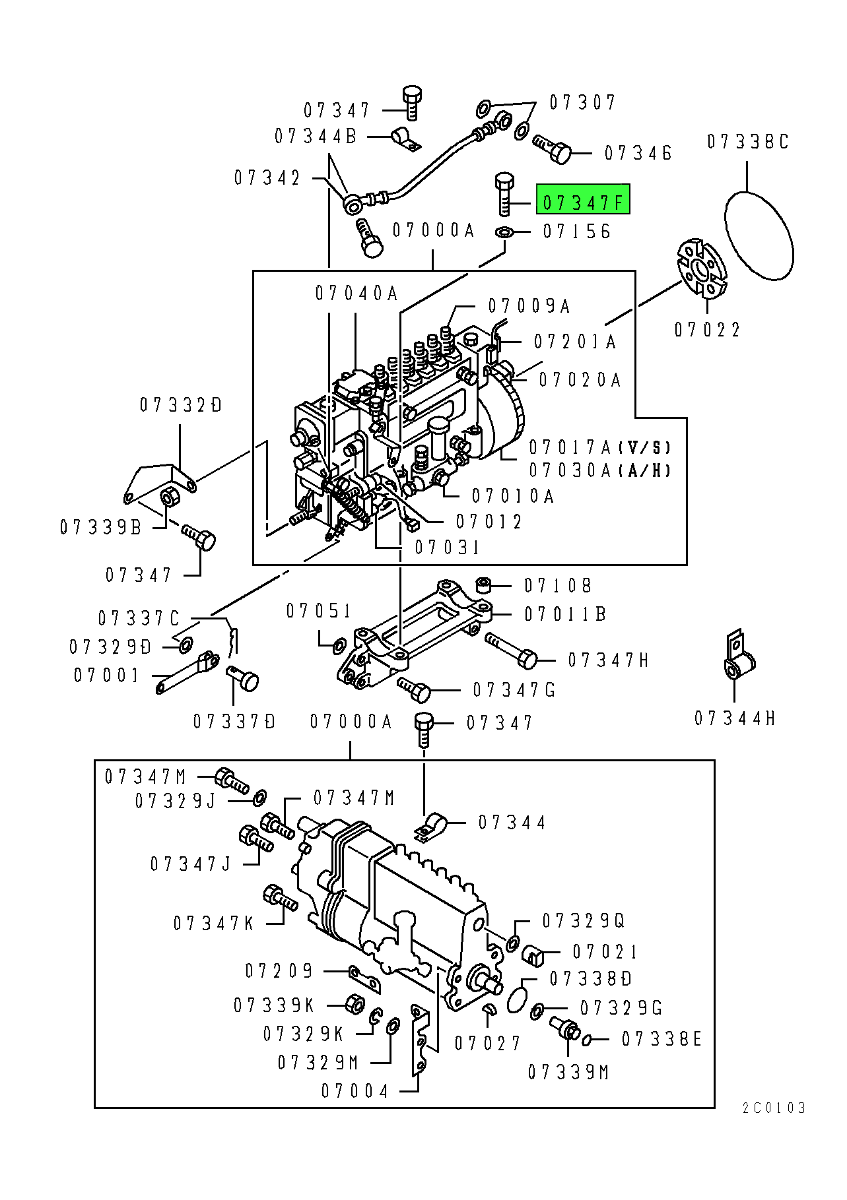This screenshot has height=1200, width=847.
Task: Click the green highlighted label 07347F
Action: [x=583, y=199]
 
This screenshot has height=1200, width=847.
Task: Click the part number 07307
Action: [x=582, y=102]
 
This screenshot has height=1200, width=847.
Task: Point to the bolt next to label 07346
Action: [x=552, y=149]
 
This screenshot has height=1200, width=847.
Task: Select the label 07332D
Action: [x=181, y=404]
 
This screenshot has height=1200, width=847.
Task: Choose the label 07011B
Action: [x=565, y=614]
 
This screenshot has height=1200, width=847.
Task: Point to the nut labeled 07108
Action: [x=484, y=584]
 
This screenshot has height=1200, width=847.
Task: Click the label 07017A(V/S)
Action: [x=600, y=447]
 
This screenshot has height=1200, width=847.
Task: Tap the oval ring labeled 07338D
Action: [x=519, y=995]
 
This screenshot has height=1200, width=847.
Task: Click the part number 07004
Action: [x=355, y=1091]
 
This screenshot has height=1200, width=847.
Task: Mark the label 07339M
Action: [x=568, y=1073]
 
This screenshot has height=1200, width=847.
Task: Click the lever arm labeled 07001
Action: [x=187, y=672]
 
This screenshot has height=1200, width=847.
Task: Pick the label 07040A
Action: [x=356, y=293]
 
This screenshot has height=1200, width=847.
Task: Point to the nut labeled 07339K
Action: [x=355, y=1004]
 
